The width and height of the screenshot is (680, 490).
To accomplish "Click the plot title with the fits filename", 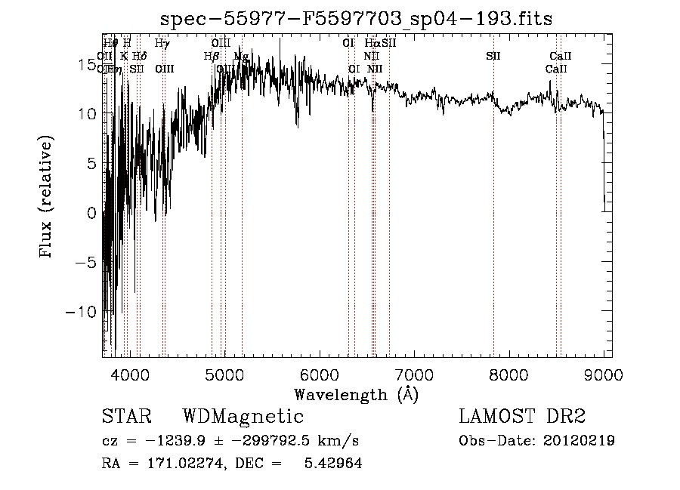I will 357,20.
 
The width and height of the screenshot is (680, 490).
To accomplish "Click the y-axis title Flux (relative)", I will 46,198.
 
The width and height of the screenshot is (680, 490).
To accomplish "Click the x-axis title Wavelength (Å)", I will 356,394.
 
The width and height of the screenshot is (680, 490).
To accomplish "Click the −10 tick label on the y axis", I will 85,311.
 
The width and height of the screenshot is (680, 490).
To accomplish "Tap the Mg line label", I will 241,57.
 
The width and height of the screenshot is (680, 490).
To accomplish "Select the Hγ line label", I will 162,44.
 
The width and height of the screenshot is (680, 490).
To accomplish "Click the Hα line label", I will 371,44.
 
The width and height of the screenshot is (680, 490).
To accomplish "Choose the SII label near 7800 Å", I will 493,57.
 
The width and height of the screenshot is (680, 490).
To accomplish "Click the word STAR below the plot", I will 126,417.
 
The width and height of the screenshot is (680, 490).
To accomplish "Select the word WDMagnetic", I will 243,417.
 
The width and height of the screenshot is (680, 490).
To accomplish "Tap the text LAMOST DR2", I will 522,417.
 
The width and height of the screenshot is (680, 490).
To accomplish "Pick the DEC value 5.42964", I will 332,464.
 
